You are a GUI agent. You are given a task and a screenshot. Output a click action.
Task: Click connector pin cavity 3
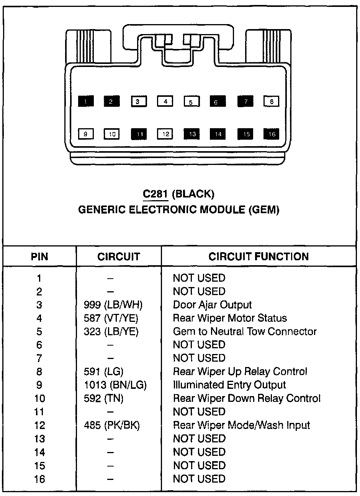tap(138, 101)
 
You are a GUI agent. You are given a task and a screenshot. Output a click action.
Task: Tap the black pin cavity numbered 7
tap(245, 101)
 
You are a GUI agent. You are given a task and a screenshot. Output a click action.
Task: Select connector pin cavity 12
tap(165, 134)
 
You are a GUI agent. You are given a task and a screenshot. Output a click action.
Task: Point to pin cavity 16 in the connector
tap(272, 134)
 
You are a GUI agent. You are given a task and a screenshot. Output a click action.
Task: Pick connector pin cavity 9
tap(85, 134)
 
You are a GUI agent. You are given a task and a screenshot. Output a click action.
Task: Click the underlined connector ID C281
tap(155, 194)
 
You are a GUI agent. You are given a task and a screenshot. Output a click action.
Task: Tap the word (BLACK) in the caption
tap(193, 194)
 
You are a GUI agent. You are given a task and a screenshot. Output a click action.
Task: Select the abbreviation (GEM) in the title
tap(264, 210)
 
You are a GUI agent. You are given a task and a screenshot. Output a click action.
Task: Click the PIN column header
tap(40, 256)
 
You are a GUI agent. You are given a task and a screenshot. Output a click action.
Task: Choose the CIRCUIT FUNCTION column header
tap(259, 256)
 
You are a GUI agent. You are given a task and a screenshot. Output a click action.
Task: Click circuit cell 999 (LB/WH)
tap(113, 305)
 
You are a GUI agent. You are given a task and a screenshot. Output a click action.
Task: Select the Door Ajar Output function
tap(212, 305)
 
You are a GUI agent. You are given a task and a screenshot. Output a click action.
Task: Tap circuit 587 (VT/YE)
tap(111, 318)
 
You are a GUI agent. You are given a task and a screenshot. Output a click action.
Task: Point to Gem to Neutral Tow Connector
tap(245, 331)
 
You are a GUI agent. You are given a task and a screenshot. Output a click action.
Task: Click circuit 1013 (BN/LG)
tap(115, 385)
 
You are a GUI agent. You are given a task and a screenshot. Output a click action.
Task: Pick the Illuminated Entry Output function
tap(229, 385)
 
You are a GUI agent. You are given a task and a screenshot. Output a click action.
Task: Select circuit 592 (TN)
tap(103, 398)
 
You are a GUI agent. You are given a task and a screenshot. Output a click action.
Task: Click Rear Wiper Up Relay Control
tap(240, 372)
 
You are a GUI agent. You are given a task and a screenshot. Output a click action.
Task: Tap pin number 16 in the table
tap(39, 479)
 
